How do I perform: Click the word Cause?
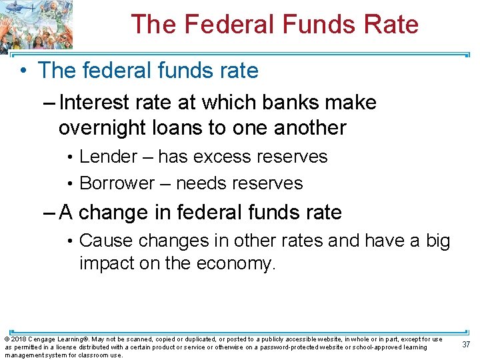click(x=105, y=241)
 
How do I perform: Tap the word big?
click(x=437, y=241)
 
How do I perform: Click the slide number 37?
click(x=467, y=344)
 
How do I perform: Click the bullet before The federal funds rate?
click(x=23, y=70)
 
